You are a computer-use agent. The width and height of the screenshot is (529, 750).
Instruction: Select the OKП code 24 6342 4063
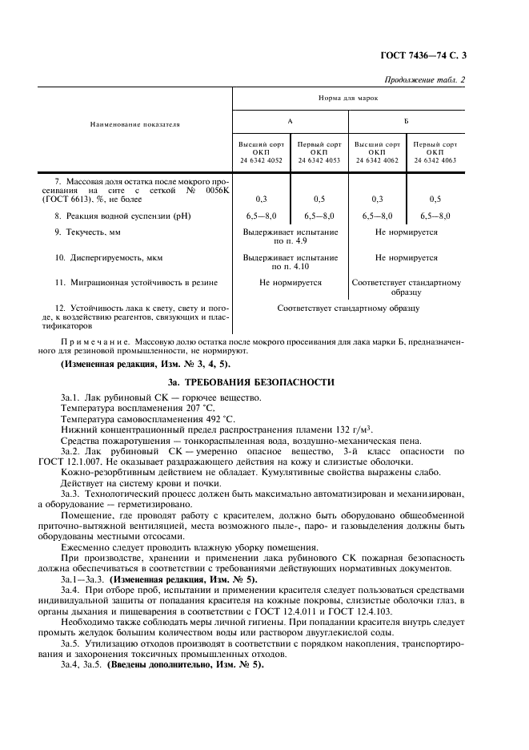point(435,159)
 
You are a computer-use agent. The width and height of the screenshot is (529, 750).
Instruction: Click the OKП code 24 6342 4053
point(319,159)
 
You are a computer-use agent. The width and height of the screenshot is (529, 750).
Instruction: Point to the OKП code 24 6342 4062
point(377,159)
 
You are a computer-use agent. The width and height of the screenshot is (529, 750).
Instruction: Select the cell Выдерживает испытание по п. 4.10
point(290,262)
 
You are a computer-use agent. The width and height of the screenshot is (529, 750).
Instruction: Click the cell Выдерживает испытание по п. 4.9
point(290,236)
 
